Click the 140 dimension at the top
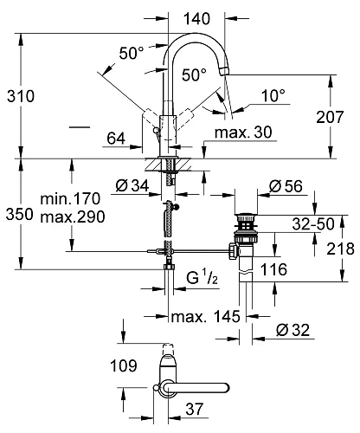click(x=197, y=19)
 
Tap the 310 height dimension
click(x=21, y=96)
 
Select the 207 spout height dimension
click(x=330, y=117)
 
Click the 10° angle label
click(x=273, y=95)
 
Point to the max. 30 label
click(x=243, y=132)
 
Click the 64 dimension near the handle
click(x=116, y=139)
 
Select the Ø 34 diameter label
click(x=132, y=185)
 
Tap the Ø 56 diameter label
click(x=286, y=186)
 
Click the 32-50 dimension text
click(x=313, y=223)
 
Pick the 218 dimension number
click(x=340, y=249)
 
